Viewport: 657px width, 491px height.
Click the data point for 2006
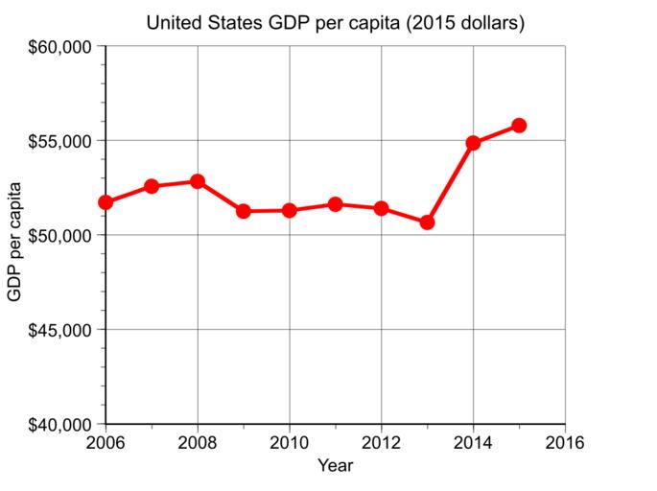click(106, 202)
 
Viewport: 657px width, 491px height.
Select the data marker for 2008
click(198, 181)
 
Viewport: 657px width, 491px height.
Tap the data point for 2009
click(244, 211)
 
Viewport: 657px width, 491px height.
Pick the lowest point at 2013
click(427, 222)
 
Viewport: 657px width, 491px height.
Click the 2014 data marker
click(473, 143)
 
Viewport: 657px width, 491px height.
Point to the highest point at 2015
click(519, 126)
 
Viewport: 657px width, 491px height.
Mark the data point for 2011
click(336, 204)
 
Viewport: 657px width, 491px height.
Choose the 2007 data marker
click(152, 186)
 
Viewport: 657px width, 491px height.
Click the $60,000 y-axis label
click(60, 46)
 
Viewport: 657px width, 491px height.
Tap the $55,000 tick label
click(60, 141)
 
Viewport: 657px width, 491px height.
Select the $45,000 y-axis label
click(60, 330)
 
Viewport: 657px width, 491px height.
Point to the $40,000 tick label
click(60, 424)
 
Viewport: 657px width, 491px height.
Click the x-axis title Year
click(335, 467)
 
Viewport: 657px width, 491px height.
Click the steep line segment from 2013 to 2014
click(450, 182)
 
